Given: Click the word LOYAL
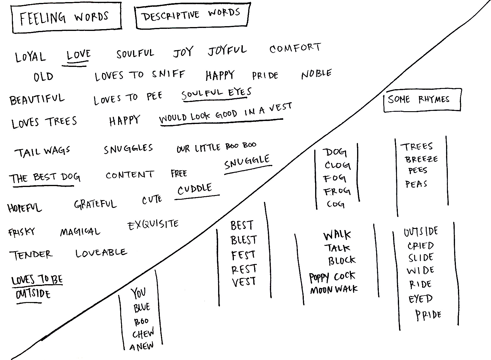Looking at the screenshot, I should click(x=30, y=56).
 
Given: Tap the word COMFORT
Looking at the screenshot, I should click(x=295, y=48).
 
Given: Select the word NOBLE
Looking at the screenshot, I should click(x=316, y=74).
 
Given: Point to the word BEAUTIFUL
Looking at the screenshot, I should click(x=37, y=99).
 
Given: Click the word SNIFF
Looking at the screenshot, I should click(x=168, y=74).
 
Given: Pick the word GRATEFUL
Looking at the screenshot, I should click(x=95, y=204).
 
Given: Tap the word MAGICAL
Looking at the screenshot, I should click(x=80, y=232).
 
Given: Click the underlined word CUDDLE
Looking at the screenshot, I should click(x=195, y=189).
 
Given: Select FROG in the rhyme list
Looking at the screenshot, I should click(x=337, y=191).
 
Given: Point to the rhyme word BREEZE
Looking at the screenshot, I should click(x=421, y=159).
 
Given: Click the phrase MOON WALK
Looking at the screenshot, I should click(x=334, y=289).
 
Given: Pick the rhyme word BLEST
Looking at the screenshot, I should click(x=243, y=240).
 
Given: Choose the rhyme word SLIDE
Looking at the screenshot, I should click(x=421, y=257).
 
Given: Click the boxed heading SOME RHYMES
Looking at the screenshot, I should click(x=419, y=99).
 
